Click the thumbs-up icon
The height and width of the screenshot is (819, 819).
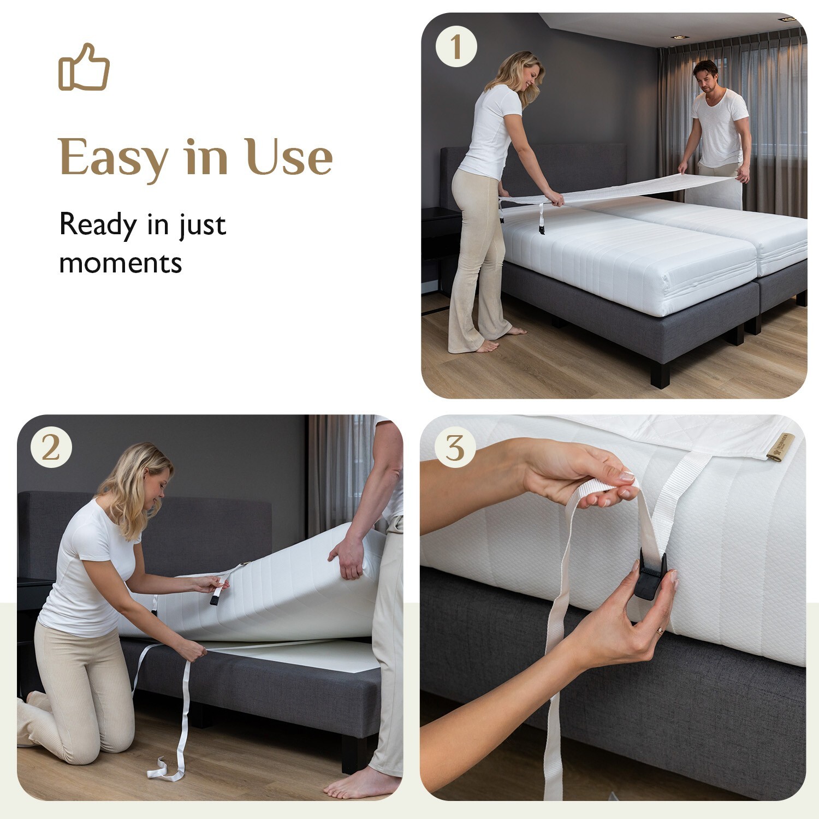[84, 67]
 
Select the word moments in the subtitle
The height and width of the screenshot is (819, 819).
[120, 263]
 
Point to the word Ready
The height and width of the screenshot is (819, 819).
[98, 224]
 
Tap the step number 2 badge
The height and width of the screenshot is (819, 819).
[51, 448]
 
